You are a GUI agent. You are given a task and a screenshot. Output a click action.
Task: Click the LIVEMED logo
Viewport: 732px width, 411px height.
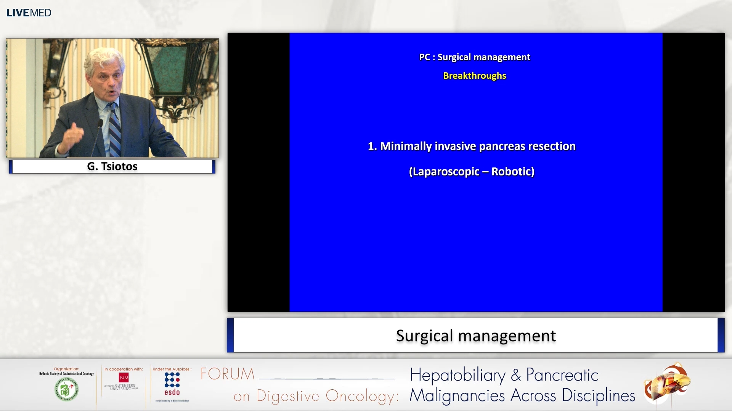pyautogui.click(x=29, y=13)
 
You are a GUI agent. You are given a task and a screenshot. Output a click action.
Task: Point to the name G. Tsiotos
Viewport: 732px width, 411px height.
pyautogui.click(x=112, y=166)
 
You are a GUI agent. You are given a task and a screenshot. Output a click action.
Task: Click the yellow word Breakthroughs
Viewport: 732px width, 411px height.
pyautogui.click(x=474, y=76)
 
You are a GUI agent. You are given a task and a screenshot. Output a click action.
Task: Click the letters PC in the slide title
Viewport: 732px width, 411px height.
pyautogui.click(x=424, y=57)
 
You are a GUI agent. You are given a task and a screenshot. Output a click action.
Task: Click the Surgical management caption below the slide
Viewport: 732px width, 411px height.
pyautogui.click(x=475, y=336)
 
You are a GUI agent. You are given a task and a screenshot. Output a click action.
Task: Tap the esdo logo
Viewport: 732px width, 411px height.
pyautogui.click(x=172, y=384)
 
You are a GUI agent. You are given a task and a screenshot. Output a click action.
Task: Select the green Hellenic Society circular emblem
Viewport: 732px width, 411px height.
pyautogui.click(x=66, y=389)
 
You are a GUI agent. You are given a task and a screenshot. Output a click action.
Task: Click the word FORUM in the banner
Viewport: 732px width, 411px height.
pyautogui.click(x=228, y=374)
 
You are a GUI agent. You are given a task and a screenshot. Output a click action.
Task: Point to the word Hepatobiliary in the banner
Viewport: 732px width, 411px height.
pyautogui.click(x=457, y=375)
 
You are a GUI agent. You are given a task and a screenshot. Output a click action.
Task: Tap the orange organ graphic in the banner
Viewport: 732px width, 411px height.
pyautogui.click(x=667, y=384)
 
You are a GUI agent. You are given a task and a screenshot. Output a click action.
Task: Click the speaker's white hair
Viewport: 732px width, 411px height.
pyautogui.click(x=103, y=57)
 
